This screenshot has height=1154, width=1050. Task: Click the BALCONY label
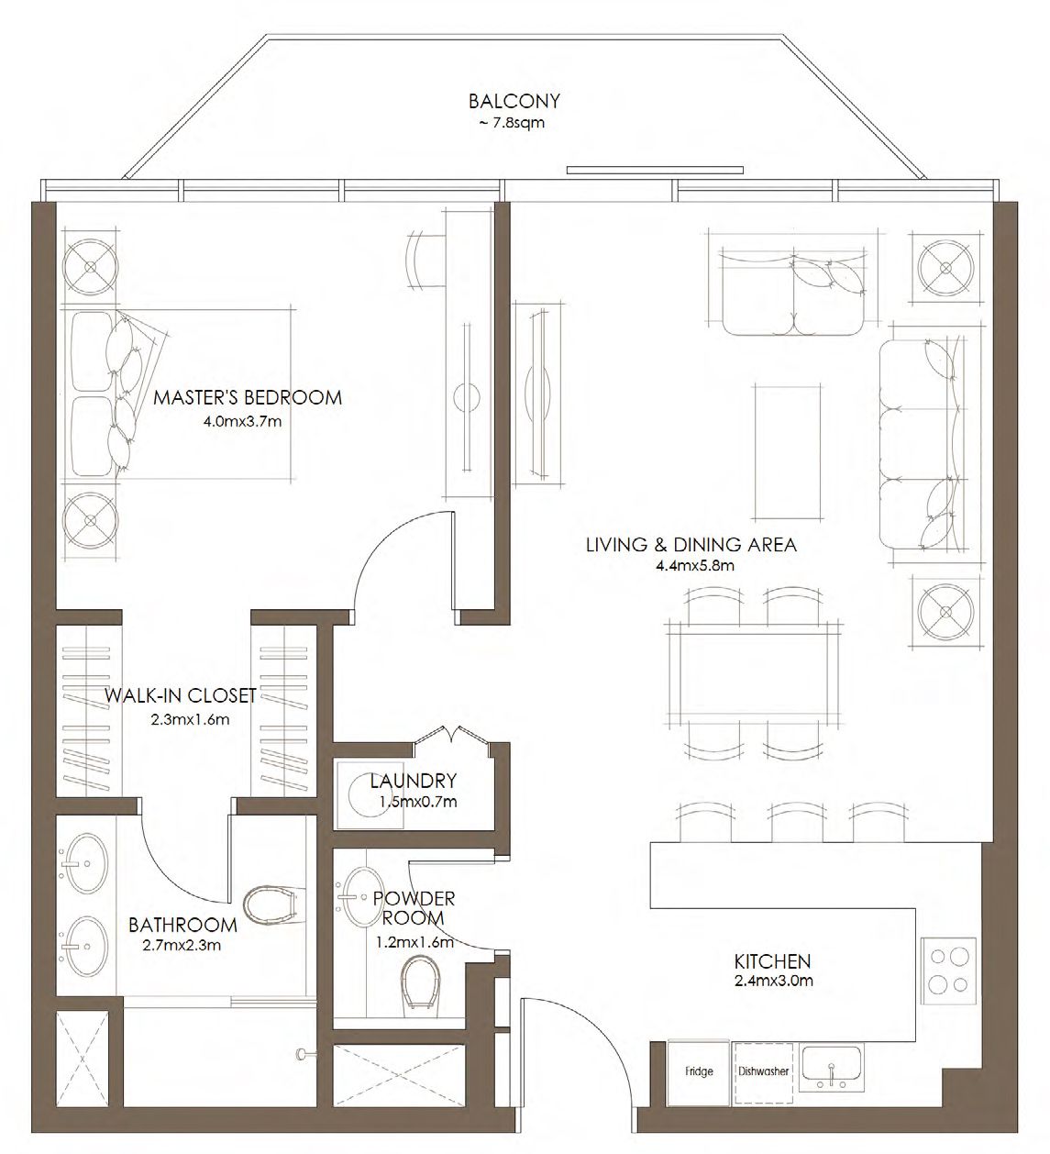pos(514,101)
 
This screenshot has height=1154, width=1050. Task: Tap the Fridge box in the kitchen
pos(699,1071)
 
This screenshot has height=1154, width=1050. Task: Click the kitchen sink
pos(831,1069)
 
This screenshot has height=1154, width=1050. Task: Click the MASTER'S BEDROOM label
pos(248,397)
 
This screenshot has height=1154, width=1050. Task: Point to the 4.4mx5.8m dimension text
pos(694,565)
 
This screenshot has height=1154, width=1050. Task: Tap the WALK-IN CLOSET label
pos(180,695)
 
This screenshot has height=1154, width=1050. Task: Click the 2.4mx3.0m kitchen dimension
pos(773,981)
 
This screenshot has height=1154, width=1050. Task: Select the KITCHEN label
pos(772,961)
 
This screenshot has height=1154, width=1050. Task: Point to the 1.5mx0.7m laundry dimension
pos(417,801)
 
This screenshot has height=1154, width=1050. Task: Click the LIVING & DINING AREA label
pos(691,545)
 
